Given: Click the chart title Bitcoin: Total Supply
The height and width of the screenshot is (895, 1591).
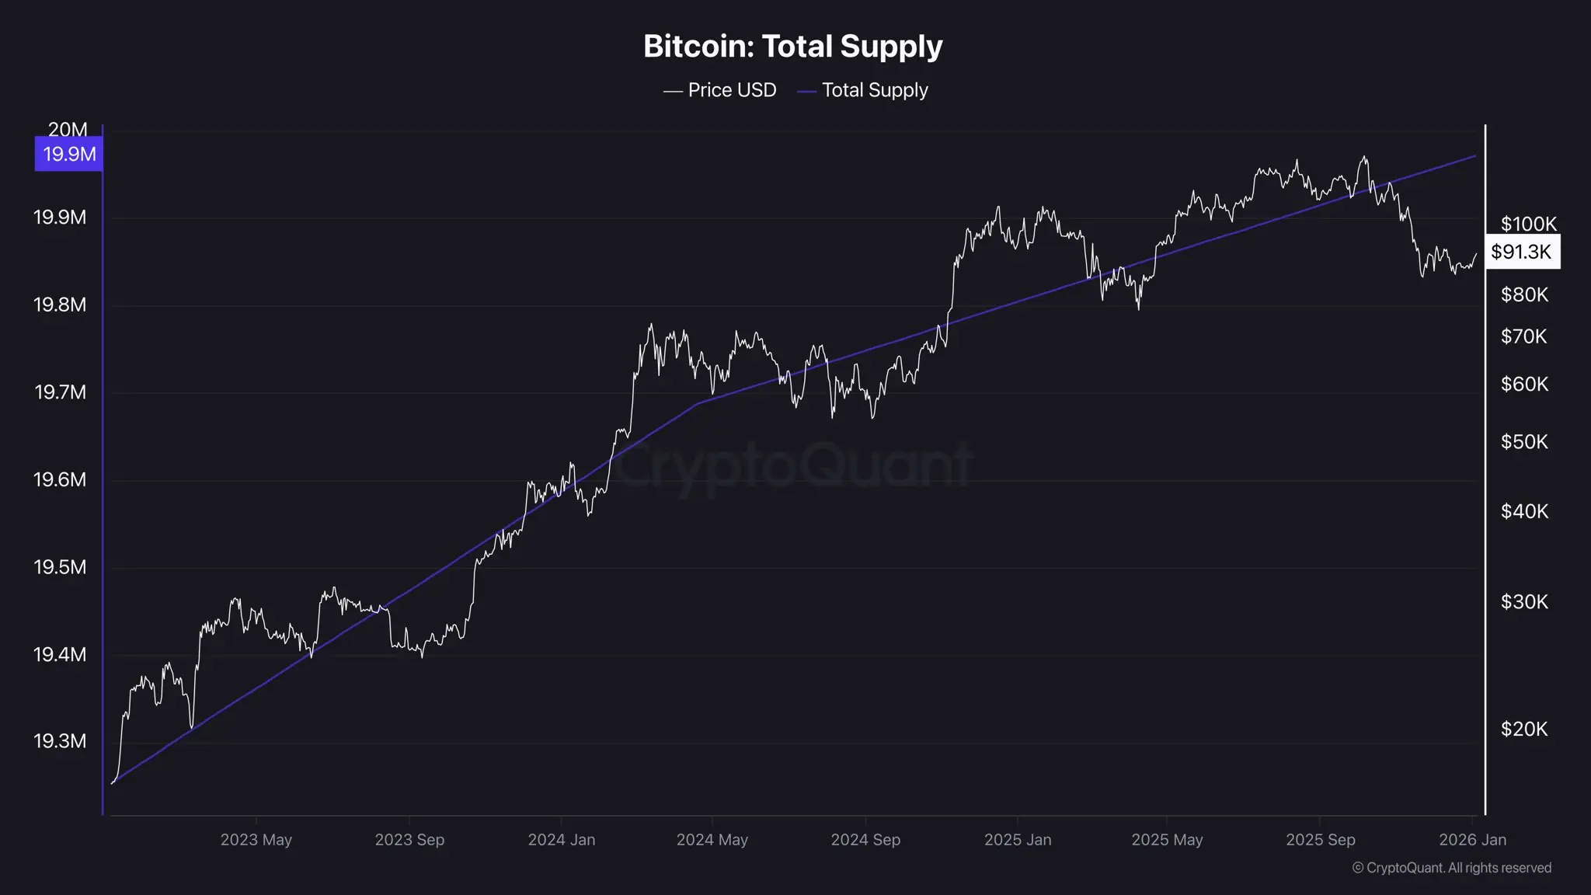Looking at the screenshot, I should [x=792, y=47].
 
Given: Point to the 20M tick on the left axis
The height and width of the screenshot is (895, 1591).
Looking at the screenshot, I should [x=68, y=129].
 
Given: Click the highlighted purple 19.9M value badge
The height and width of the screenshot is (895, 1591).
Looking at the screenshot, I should [x=69, y=154].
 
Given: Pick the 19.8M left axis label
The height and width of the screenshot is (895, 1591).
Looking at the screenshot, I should [x=60, y=305].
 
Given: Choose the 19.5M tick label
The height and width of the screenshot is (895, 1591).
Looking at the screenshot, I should [x=60, y=567].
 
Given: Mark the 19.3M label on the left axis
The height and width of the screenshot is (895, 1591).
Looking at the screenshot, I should [x=60, y=741].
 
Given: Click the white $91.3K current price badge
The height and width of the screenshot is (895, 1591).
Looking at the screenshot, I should [x=1521, y=252].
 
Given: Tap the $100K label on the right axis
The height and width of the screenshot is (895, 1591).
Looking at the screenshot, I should [x=1528, y=224].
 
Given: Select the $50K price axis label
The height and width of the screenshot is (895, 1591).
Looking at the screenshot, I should [x=1524, y=442].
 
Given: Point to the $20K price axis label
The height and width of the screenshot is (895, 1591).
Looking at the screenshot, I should [x=1524, y=729].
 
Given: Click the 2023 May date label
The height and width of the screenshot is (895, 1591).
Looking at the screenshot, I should [x=256, y=840].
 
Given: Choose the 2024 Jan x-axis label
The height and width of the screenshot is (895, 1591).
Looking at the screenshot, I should [x=562, y=840].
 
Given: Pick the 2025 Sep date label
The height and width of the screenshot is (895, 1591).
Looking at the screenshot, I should [x=1320, y=840].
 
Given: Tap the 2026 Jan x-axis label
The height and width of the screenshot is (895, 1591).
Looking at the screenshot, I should [x=1472, y=840].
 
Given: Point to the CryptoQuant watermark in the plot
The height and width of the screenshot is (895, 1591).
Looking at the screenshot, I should [x=792, y=465].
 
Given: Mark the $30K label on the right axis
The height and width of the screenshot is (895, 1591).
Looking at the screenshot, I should [x=1524, y=602].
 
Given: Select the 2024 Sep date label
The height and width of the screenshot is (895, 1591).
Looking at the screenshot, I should [x=865, y=840].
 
